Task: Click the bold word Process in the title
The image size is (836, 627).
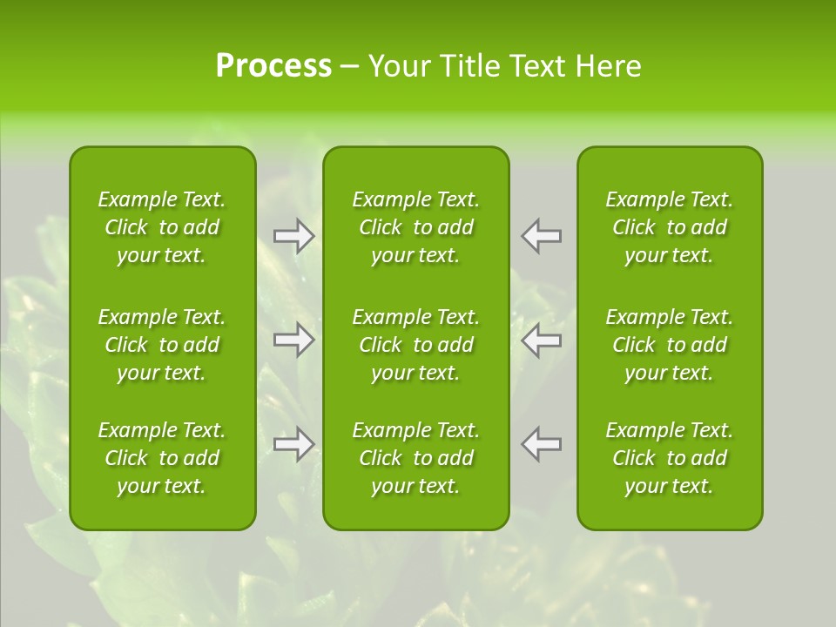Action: (273, 66)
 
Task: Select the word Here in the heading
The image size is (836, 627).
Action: (609, 66)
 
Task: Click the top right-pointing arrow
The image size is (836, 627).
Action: (294, 236)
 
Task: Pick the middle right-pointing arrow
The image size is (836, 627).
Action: (294, 340)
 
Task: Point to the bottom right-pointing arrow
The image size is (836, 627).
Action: (294, 444)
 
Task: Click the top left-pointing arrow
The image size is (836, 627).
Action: (542, 236)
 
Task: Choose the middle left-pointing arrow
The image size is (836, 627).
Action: (542, 340)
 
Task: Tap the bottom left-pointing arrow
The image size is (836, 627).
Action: (542, 444)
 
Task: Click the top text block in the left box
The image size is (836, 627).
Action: (162, 227)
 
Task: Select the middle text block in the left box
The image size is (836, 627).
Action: (162, 345)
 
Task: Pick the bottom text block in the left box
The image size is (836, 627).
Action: (162, 458)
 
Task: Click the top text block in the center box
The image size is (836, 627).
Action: (416, 227)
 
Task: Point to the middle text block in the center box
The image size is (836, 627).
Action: (416, 345)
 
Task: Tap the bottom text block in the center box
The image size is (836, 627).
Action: (416, 458)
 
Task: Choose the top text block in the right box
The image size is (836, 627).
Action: (670, 227)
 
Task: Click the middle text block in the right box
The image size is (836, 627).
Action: (670, 345)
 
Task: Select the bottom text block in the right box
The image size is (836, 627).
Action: (670, 458)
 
